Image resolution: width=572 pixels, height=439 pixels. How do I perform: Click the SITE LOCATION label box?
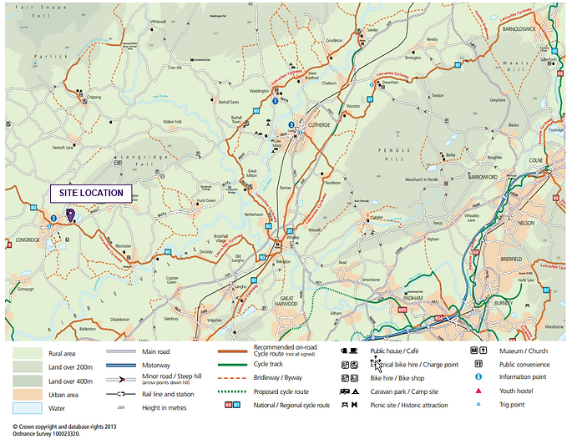(x=91, y=193)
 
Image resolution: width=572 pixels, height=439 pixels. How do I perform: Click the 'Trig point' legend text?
(x=513, y=405)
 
